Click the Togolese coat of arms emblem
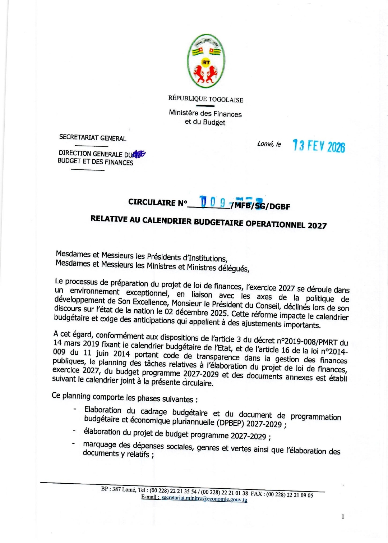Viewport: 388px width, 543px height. click(x=206, y=61)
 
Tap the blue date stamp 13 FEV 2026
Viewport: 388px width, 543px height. click(x=319, y=146)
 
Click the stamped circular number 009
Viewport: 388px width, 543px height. click(x=213, y=202)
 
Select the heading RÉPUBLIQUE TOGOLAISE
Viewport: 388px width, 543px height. click(x=205, y=99)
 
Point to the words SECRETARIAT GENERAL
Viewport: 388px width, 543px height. click(x=93, y=138)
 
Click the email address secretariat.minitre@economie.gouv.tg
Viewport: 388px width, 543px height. click(x=204, y=498)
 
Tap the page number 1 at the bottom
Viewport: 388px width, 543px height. click(x=343, y=517)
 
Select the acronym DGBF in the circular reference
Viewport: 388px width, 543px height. click(x=280, y=206)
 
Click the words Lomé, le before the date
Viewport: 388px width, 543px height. click(x=269, y=144)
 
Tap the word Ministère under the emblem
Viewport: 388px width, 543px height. click(x=184, y=113)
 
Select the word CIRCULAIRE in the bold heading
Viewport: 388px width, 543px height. click(x=152, y=202)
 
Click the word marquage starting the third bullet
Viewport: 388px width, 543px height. click(x=100, y=444)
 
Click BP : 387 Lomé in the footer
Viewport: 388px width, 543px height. click(x=118, y=489)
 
